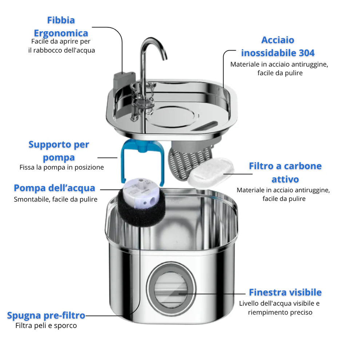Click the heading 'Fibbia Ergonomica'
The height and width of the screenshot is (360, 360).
pyautogui.click(x=61, y=27)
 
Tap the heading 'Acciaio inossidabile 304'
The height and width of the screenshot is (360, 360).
pyautogui.click(x=278, y=46)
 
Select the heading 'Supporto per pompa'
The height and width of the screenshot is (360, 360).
pyautogui.click(x=59, y=151)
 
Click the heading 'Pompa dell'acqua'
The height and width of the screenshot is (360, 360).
pyautogui.click(x=55, y=188)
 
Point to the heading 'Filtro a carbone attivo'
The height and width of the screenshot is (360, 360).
pyautogui.click(x=285, y=172)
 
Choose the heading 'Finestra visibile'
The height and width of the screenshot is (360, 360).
pyautogui.click(x=285, y=292)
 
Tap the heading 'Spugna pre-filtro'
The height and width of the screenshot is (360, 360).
pyautogui.click(x=46, y=315)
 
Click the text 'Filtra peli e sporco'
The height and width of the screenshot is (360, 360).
pyautogui.click(x=46, y=325)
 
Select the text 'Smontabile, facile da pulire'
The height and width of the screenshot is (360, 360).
pyautogui.click(x=56, y=199)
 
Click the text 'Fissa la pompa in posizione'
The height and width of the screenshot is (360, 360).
pyautogui.click(x=61, y=168)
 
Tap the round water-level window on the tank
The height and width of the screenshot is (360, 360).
pyautogui.click(x=171, y=289)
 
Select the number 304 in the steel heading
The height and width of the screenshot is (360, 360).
pyautogui.click(x=307, y=53)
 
